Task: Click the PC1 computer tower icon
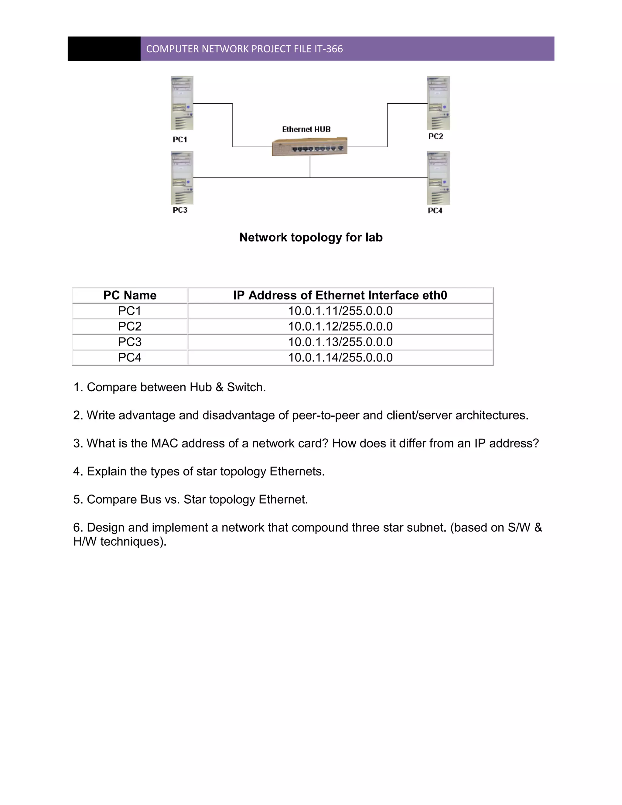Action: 182,103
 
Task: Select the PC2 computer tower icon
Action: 438,103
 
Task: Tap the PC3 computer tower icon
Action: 182,178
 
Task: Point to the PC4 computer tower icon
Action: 438,178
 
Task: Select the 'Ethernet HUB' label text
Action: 306,129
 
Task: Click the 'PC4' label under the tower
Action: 435,211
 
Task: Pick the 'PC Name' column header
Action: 130,295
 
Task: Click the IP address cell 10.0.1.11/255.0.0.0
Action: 340,311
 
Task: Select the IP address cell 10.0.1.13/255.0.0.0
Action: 340,342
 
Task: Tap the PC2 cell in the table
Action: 130,326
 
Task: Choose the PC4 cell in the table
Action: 130,357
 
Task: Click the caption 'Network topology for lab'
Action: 311,237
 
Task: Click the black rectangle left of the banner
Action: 104,49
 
